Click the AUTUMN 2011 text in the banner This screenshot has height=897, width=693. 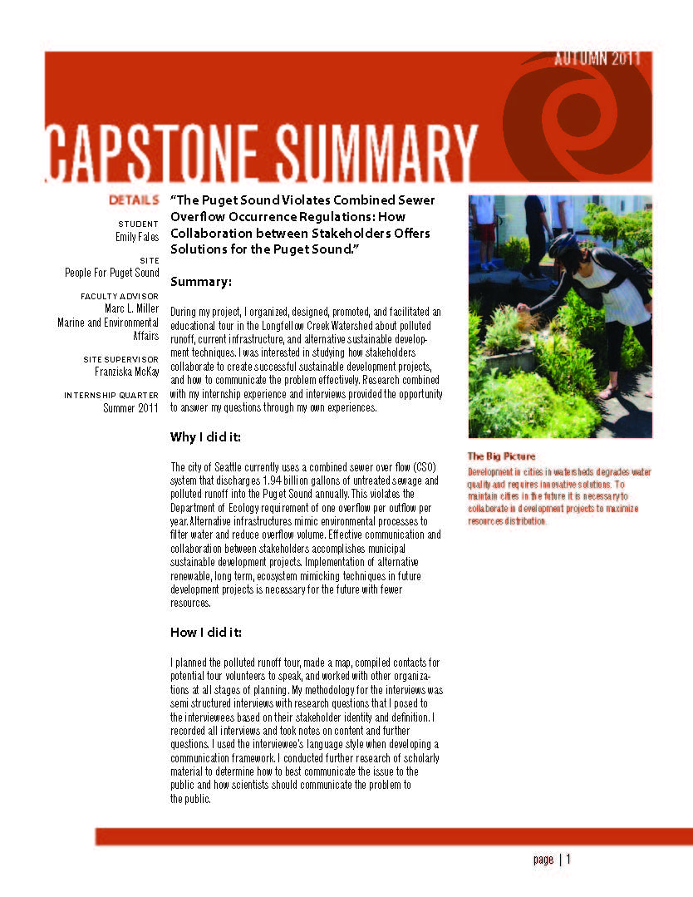596,59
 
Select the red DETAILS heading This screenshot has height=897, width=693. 134,200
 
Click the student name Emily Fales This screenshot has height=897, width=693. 137,237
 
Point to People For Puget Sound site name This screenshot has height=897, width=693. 112,273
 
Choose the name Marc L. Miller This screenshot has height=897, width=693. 131,308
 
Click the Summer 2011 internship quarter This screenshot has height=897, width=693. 131,408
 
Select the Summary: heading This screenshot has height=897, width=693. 201,282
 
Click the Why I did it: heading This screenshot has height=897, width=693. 206,437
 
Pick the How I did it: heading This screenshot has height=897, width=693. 206,633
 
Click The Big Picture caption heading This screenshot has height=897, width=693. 501,456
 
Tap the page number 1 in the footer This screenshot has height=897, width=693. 569,860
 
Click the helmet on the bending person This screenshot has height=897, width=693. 563,244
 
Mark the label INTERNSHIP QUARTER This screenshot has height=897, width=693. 111,395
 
